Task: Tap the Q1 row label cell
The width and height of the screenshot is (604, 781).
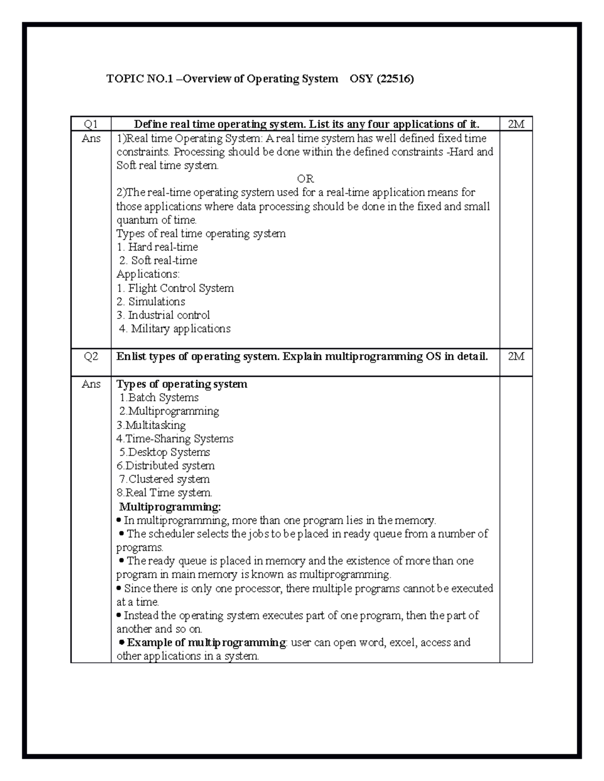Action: click(91, 124)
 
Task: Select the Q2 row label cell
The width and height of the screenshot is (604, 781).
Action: click(91, 357)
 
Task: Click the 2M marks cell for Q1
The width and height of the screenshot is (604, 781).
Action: click(516, 124)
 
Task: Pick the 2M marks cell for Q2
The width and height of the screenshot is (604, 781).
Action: click(516, 357)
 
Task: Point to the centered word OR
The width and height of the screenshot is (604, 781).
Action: click(305, 179)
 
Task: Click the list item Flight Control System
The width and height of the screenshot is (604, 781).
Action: click(175, 288)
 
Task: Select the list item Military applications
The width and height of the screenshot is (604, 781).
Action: click(175, 329)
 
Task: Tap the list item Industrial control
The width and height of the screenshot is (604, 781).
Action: click(163, 315)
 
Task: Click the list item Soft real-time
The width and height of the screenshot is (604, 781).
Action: click(159, 261)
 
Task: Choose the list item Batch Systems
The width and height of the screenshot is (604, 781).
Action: click(159, 398)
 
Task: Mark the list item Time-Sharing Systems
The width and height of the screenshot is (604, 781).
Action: click(175, 439)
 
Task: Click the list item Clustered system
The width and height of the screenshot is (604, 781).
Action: click(164, 479)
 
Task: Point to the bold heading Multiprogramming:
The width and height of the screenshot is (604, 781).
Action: click(170, 506)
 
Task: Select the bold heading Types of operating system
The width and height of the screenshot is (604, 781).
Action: click(182, 384)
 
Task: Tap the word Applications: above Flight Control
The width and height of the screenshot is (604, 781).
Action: click(147, 274)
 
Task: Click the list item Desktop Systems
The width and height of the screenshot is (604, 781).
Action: click(165, 452)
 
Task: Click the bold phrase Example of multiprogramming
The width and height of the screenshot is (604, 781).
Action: click(206, 642)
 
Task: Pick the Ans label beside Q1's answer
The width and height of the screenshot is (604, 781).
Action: click(91, 138)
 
